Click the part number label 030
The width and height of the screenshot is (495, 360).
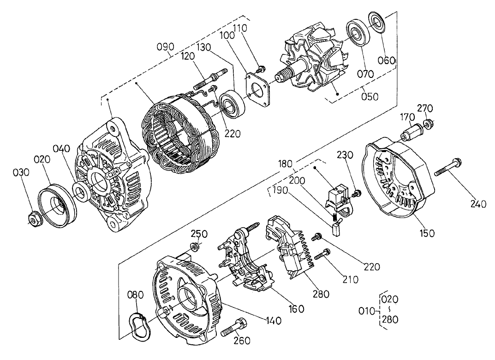point(21,172)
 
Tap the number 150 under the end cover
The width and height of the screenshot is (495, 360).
point(427,233)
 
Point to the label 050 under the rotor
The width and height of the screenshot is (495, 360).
point(370,96)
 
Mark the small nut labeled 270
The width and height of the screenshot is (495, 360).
point(428,124)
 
